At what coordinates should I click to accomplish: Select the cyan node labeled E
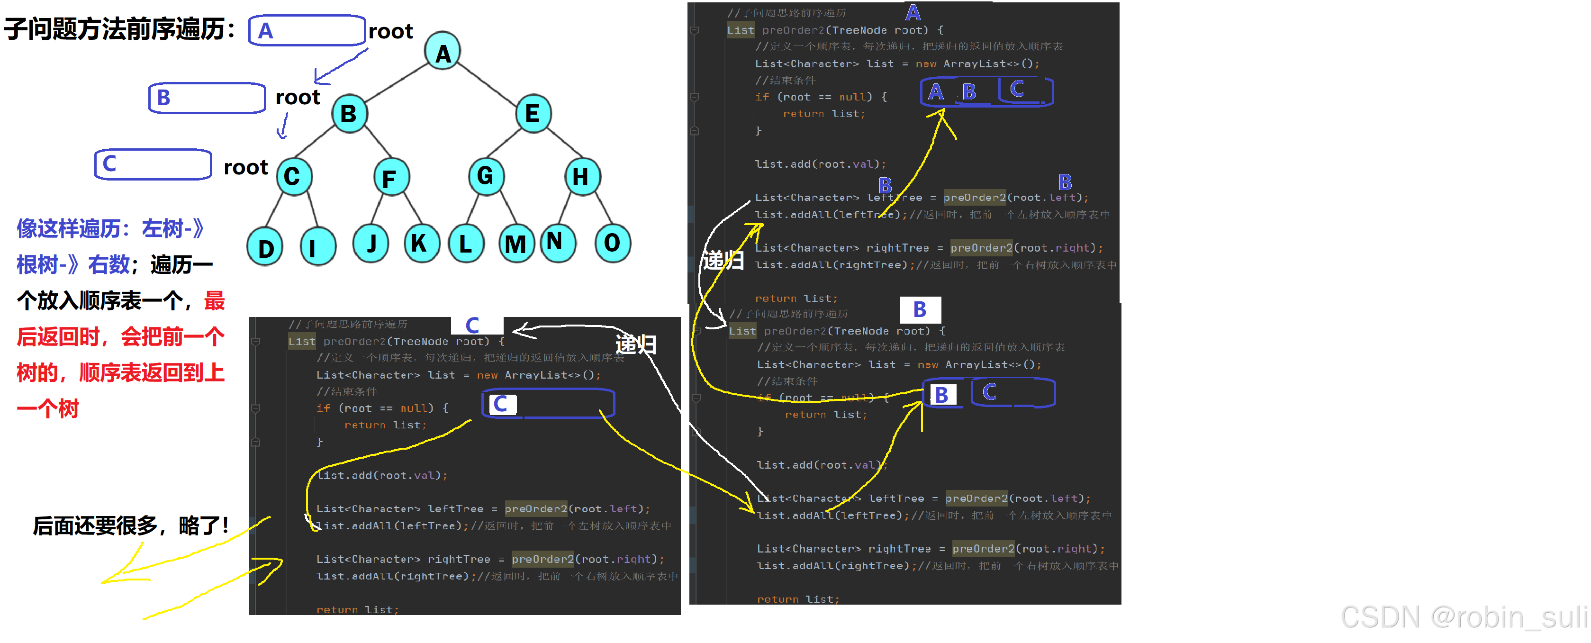point(533,113)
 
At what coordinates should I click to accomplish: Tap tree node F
point(391,177)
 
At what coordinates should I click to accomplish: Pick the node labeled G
point(486,176)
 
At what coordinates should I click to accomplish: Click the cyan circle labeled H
point(582,177)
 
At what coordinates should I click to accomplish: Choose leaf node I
point(317,247)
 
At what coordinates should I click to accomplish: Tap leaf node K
point(421,244)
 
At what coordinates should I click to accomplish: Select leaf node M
point(515,244)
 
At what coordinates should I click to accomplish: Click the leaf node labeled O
point(612,244)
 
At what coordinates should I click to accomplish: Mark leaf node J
point(371,244)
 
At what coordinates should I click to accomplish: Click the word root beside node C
point(245,167)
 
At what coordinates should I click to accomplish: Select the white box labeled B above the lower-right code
point(920,309)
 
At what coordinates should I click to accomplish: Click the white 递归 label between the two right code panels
point(723,260)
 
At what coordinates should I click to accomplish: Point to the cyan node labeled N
point(557,242)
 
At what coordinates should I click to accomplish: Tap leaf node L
point(466,244)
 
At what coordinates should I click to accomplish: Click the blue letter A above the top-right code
point(913,12)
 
